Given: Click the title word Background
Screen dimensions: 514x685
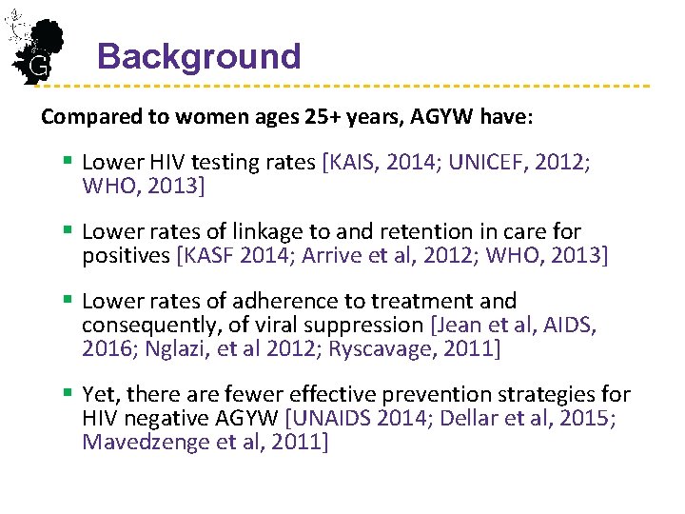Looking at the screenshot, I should click(199, 56).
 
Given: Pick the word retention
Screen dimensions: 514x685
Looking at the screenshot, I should click(411, 232).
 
